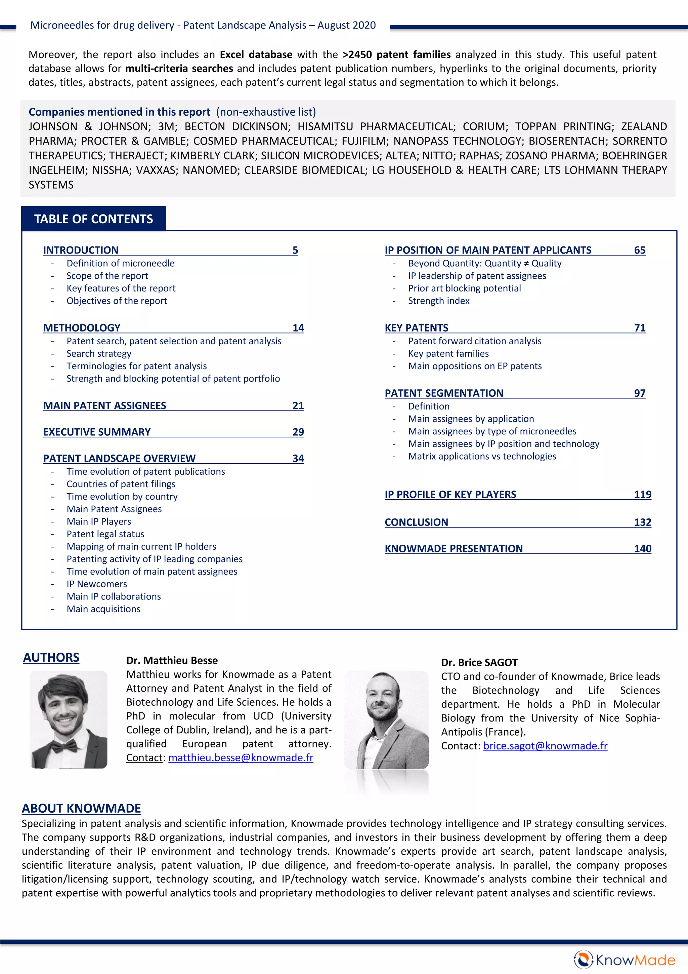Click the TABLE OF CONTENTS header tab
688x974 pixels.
click(x=93, y=219)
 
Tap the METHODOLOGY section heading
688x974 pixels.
click(x=82, y=328)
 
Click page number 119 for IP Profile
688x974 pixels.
click(x=642, y=495)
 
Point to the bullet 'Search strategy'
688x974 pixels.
click(x=99, y=353)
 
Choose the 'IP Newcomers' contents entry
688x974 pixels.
click(x=97, y=584)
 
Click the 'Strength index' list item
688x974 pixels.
click(x=439, y=301)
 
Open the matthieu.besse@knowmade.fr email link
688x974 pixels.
click(x=241, y=758)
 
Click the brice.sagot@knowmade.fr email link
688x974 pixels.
click(x=545, y=746)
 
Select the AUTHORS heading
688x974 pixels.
click(x=51, y=658)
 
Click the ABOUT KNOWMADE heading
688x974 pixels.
click(x=81, y=808)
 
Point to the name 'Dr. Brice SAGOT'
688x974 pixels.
click(x=479, y=663)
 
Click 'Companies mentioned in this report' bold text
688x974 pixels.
click(x=119, y=112)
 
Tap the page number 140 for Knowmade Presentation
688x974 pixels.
click(x=642, y=549)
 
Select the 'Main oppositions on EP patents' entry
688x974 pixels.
click(x=475, y=366)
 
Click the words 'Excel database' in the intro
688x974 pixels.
click(x=256, y=55)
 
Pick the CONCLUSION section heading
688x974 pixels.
click(x=416, y=522)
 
